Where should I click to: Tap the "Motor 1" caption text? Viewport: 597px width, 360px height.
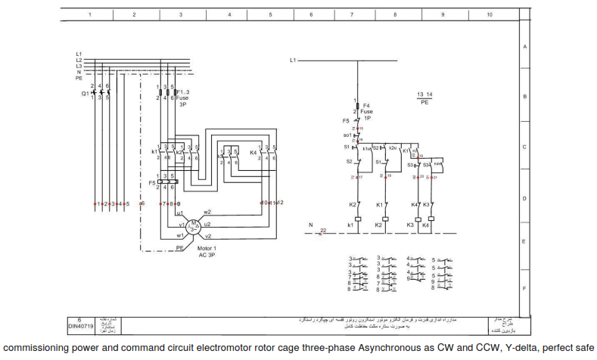(206, 249)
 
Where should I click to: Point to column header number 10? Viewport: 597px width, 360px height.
(490, 14)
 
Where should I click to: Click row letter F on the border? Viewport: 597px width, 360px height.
(524, 288)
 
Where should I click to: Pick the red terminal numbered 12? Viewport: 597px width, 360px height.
(280, 203)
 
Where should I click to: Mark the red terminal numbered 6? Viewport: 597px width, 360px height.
(142, 203)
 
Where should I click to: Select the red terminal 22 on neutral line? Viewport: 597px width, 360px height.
(323, 231)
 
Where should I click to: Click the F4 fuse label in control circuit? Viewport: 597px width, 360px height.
(366, 106)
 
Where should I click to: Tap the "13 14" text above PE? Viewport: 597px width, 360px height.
(424, 94)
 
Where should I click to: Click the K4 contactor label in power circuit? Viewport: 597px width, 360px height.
(253, 152)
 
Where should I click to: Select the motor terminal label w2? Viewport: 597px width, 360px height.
(207, 212)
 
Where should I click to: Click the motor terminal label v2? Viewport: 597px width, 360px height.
(208, 237)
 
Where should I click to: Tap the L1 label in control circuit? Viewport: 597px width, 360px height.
(294, 60)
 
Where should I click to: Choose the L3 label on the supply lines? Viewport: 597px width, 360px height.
(79, 66)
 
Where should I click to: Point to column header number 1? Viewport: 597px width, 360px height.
(90, 14)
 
